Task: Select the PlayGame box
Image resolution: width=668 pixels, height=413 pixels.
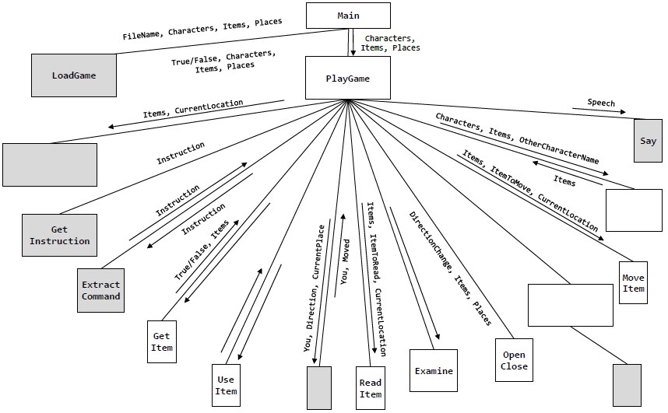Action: click(x=347, y=78)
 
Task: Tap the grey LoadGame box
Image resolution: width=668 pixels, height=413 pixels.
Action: click(x=74, y=76)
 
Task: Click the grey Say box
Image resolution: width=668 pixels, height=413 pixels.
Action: click(x=648, y=141)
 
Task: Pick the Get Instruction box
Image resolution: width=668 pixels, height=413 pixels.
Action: click(x=59, y=236)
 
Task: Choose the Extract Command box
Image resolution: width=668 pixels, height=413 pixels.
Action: click(x=101, y=290)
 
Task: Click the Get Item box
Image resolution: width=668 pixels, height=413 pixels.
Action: click(x=161, y=341)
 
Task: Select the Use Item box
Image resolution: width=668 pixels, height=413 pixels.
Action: click(x=225, y=386)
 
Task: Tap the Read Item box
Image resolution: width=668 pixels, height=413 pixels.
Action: click(x=370, y=387)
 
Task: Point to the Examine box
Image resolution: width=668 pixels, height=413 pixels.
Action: click(x=433, y=371)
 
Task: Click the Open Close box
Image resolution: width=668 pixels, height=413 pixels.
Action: click(x=514, y=360)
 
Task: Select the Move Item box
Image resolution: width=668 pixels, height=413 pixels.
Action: click(x=634, y=283)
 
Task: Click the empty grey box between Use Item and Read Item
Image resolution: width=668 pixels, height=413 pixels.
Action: click(x=319, y=387)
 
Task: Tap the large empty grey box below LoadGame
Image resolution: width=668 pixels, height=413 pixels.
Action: click(x=50, y=163)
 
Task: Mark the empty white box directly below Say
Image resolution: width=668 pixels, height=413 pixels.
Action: click(x=633, y=210)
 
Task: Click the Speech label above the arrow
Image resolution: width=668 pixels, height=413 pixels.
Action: click(x=600, y=103)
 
